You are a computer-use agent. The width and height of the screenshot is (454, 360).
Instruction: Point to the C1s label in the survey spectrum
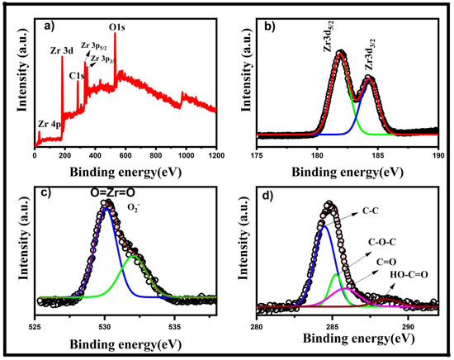[77, 76]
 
